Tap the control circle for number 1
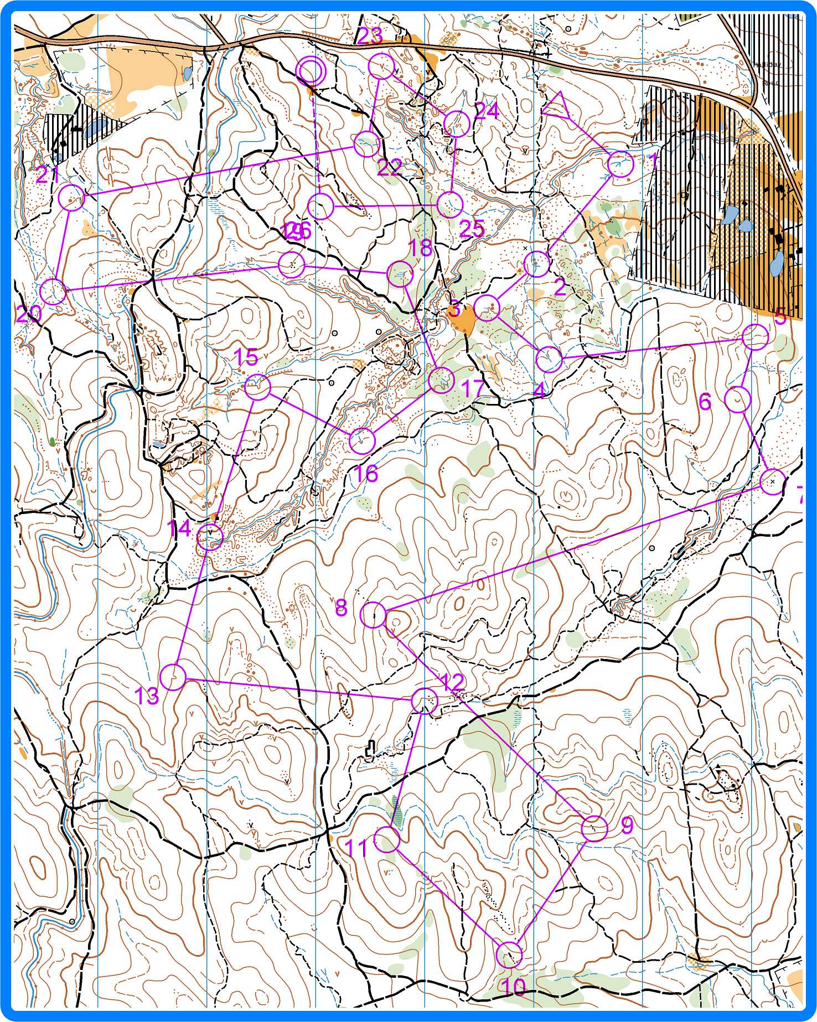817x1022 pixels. click(x=620, y=164)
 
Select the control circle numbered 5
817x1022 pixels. click(x=755, y=337)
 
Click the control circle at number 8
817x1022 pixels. click(x=374, y=615)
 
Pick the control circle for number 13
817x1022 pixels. click(x=173, y=677)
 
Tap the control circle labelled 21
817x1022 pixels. click(x=71, y=198)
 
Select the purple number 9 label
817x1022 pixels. click(x=627, y=825)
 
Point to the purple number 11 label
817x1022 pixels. click(x=356, y=848)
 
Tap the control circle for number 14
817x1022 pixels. click(x=210, y=537)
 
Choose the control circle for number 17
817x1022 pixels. click(x=442, y=380)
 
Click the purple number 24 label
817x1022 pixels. click(x=487, y=112)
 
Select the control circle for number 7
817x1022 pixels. click(x=773, y=481)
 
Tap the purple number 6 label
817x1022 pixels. click(x=705, y=402)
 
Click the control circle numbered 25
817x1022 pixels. click(x=449, y=205)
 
